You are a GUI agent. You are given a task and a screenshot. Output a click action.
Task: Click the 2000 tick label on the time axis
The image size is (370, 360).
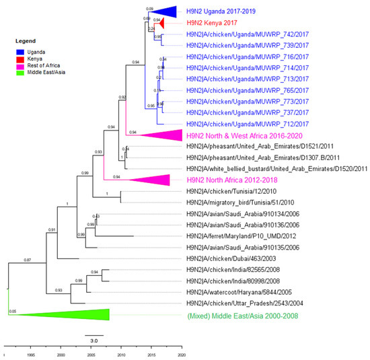(61, 355)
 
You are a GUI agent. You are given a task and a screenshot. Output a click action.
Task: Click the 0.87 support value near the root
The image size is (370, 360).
(28, 259)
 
